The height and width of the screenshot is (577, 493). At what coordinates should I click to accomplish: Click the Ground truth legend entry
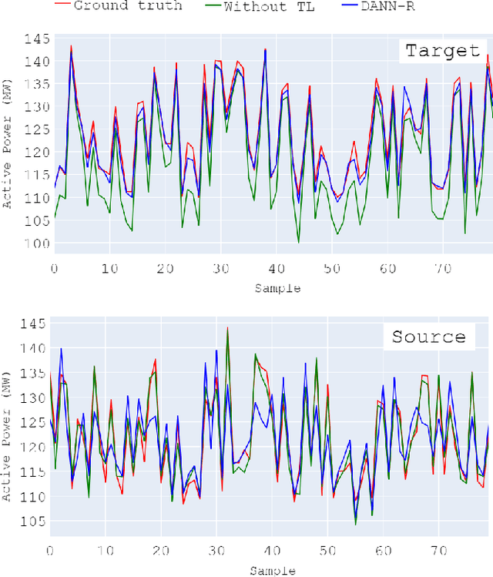coord(128,6)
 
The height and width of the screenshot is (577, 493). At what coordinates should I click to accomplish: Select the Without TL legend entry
coord(269,6)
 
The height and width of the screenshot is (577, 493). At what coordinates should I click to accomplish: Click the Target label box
coord(442,52)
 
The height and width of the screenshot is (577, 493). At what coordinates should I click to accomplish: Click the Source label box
coord(428,337)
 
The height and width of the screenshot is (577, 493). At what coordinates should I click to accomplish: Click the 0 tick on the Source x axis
coord(50,551)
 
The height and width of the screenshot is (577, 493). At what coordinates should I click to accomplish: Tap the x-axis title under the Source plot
coord(271,570)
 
